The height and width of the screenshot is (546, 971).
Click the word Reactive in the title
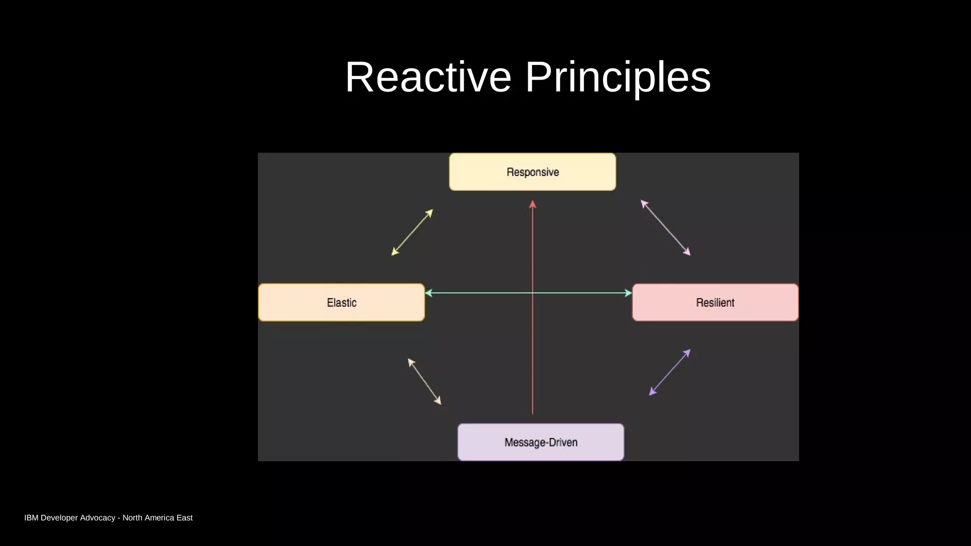point(428,77)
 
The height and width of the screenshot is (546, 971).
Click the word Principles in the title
point(618,77)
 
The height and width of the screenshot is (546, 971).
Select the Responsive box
point(532,172)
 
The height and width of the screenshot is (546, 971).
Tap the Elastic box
point(341,302)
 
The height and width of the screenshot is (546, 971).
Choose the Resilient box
point(715,302)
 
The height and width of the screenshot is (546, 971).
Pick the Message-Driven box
point(540,442)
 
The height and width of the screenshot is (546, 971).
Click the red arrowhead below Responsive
point(532,204)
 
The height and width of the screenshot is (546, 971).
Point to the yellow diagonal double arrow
point(412,232)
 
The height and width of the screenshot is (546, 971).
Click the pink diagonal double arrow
point(665,227)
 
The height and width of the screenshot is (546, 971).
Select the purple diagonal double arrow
point(669,373)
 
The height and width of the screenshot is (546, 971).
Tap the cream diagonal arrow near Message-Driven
point(424,381)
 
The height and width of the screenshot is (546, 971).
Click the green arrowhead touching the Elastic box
point(429,293)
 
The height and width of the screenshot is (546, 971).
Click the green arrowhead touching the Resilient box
point(628,293)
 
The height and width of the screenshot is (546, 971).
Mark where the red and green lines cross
point(532,293)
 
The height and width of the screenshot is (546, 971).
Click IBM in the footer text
point(31,518)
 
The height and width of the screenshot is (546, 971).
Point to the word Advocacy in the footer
point(98,518)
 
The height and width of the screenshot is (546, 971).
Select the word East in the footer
point(184,518)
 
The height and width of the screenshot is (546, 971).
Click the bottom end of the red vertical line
point(532,413)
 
